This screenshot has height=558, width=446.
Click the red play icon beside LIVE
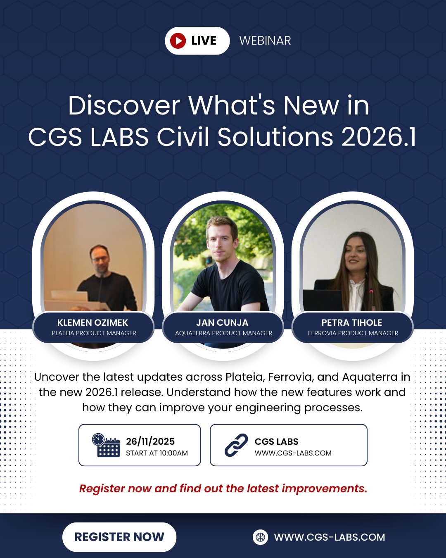[x=178, y=41]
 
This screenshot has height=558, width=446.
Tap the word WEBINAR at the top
[x=265, y=41]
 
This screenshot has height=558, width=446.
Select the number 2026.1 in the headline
[x=379, y=137]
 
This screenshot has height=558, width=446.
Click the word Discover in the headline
[x=124, y=105]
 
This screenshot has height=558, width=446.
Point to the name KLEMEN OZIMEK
[x=93, y=322]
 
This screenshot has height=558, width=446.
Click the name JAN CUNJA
[x=222, y=322]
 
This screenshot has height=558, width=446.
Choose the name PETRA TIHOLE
[x=352, y=322]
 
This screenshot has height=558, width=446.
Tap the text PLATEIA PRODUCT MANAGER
[x=94, y=333]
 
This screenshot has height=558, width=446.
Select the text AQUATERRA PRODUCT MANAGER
[x=224, y=333]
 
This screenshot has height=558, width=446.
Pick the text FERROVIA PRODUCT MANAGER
[x=353, y=333]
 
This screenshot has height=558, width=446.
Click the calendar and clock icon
[x=106, y=445]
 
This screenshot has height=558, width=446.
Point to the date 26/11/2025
[x=150, y=441]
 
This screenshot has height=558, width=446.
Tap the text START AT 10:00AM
[x=157, y=453]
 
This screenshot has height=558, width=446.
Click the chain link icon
[x=236, y=445]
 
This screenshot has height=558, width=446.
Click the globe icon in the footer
[x=260, y=537]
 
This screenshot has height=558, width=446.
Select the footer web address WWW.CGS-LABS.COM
[x=330, y=537]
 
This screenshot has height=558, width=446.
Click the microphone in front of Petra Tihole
[x=371, y=300]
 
